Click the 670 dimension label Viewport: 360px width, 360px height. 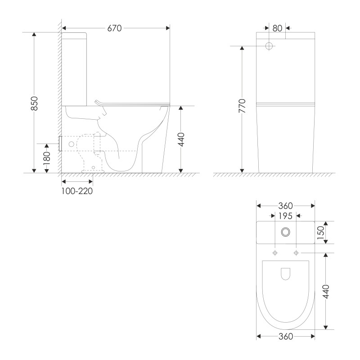114,28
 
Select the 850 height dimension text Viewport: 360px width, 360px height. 34,103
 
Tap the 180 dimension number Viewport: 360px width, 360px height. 47,158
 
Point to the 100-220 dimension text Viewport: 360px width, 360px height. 77,191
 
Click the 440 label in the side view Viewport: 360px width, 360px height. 181,139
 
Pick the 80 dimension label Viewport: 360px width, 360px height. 277,28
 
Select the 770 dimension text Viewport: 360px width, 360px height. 242,106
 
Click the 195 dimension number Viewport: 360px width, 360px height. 285,216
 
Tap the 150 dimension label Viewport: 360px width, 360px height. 320,233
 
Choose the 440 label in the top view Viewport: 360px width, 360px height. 326,292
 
